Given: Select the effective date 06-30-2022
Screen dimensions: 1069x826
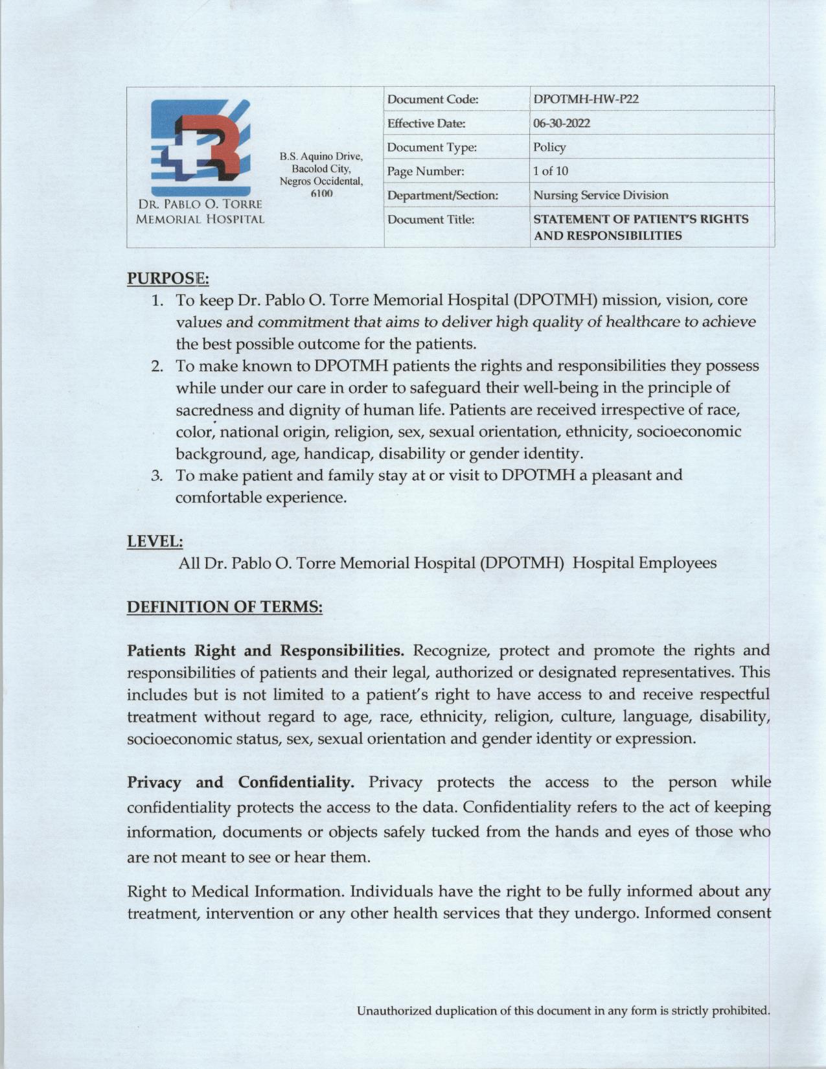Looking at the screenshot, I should pos(561,123).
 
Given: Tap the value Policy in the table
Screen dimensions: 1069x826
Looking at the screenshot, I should pos(549,147).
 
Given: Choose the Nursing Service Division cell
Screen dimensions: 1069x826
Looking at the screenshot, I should pos(600,195).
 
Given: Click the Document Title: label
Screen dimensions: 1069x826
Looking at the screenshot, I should pos(430,220).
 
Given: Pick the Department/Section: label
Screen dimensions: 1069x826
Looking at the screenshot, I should pos(442,195).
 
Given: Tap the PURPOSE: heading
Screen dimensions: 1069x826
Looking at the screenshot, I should pos(167,278).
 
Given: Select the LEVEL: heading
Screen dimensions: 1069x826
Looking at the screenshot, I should pos(154,540).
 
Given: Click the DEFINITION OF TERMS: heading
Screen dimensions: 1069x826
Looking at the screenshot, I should pos(224,607).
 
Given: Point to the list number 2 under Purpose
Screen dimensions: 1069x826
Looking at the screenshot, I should pos(157,366).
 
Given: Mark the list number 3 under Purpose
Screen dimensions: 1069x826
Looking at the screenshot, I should pos(157,476).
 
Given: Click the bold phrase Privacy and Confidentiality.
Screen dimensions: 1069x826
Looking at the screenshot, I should pos(240,781).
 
